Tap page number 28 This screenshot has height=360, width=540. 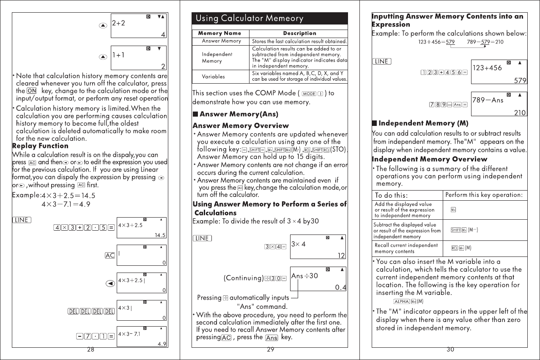click(x=90, y=350)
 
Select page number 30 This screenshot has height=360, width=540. click(x=450, y=350)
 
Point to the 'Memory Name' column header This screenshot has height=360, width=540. click(x=219, y=33)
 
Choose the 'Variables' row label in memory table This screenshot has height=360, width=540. click(x=214, y=77)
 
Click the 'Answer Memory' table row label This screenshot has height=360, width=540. click(x=221, y=41)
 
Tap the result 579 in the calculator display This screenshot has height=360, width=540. click(x=520, y=80)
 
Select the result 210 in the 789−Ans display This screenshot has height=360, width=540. click(x=520, y=113)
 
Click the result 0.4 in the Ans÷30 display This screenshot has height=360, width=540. click(x=340, y=288)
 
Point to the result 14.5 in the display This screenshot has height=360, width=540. click(x=160, y=235)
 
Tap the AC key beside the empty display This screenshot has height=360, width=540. click(x=110, y=256)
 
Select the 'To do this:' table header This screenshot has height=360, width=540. click(x=392, y=196)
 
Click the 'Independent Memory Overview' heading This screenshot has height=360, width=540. click(x=429, y=159)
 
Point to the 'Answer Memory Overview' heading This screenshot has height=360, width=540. click(x=241, y=125)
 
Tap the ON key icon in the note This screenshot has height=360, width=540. click(x=32, y=91)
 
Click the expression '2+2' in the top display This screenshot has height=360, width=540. click(x=119, y=23)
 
